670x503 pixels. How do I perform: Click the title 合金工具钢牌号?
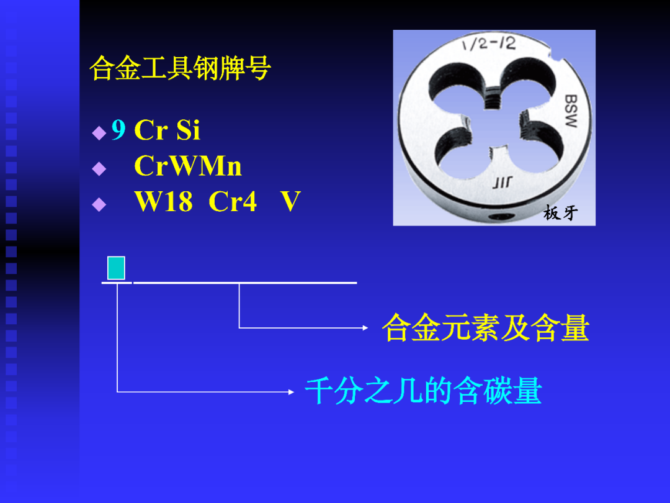[181, 68]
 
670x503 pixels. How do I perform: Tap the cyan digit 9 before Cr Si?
[118, 130]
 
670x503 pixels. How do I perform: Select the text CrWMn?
[188, 166]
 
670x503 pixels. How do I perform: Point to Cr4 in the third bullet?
[233, 202]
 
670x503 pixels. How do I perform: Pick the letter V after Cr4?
[290, 202]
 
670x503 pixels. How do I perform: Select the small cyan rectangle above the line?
[116, 268]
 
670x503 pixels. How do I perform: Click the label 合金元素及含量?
[485, 328]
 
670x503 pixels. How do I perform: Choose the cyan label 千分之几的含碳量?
[424, 392]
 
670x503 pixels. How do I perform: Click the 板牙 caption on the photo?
[560, 214]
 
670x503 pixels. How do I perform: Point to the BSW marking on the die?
[571, 111]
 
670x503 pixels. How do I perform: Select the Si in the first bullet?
[188, 130]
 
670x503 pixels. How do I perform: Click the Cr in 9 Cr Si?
[150, 130]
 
